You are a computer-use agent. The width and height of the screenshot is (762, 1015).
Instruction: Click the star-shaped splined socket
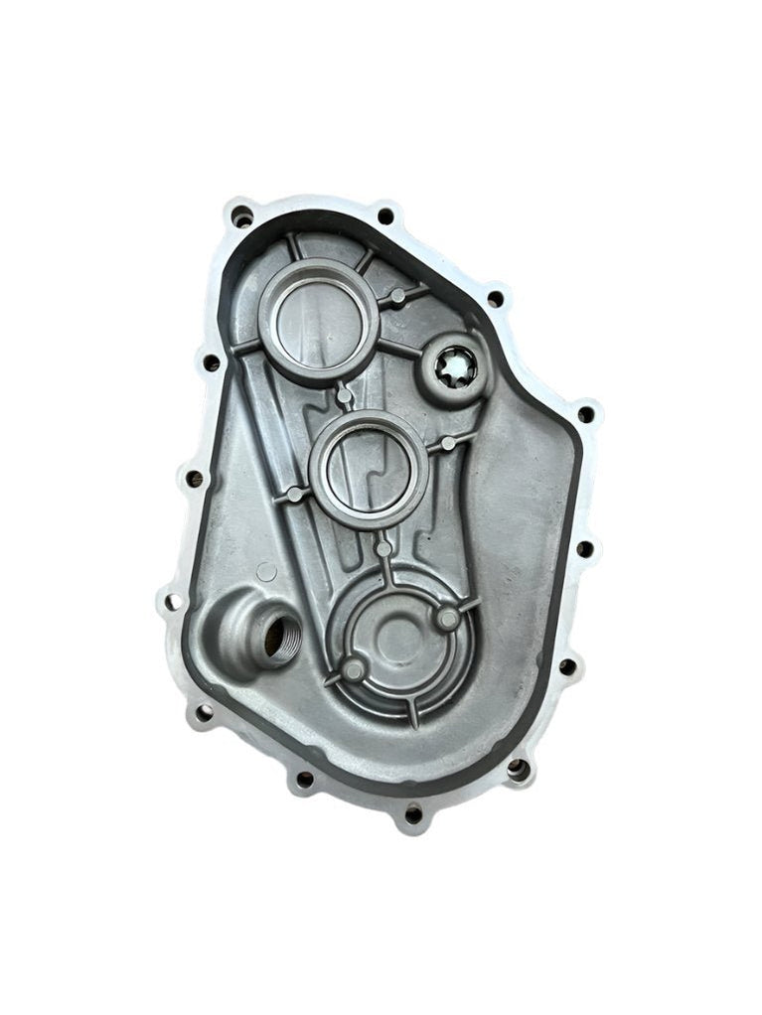[458, 369]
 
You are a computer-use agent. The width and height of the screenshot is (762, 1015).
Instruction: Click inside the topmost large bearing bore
[318, 322]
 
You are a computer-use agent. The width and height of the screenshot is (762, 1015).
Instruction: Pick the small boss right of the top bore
[396, 296]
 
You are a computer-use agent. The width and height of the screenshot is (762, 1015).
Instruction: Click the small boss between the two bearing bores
[344, 395]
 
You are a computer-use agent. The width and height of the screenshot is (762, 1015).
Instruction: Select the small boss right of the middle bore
[448, 442]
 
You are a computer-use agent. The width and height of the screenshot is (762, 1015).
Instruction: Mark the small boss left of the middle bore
[293, 494]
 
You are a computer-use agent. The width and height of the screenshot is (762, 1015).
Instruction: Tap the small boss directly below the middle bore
[383, 548]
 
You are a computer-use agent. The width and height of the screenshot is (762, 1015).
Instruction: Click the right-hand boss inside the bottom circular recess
[449, 619]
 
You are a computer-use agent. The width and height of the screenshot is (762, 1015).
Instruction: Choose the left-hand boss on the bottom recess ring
[354, 671]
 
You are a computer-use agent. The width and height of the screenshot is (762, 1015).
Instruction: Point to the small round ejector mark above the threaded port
[266, 571]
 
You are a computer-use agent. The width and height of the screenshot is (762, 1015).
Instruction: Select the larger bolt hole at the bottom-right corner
[518, 767]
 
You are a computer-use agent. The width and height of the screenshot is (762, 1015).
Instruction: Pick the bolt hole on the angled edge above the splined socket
[494, 297]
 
